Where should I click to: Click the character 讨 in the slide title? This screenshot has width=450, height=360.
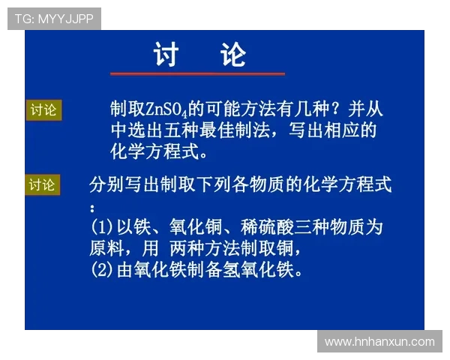[x=166, y=55]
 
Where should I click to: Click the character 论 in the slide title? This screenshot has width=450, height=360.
[x=233, y=55]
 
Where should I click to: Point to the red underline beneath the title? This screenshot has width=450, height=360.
[x=197, y=73]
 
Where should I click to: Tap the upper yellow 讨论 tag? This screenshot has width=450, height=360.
[x=43, y=110]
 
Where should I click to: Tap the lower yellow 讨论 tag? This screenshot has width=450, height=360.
[x=42, y=184]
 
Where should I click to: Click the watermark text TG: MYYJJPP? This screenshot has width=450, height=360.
[x=54, y=19]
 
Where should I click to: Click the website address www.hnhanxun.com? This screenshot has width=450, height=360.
[x=379, y=341]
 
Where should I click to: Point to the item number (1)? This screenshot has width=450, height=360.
[x=101, y=226]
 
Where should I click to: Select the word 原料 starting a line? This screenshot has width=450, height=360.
[x=104, y=247]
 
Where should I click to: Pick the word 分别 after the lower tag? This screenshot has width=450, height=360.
[x=104, y=184]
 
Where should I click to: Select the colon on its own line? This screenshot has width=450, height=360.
[x=92, y=206]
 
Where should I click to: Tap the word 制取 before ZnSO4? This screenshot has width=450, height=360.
[x=124, y=109]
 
